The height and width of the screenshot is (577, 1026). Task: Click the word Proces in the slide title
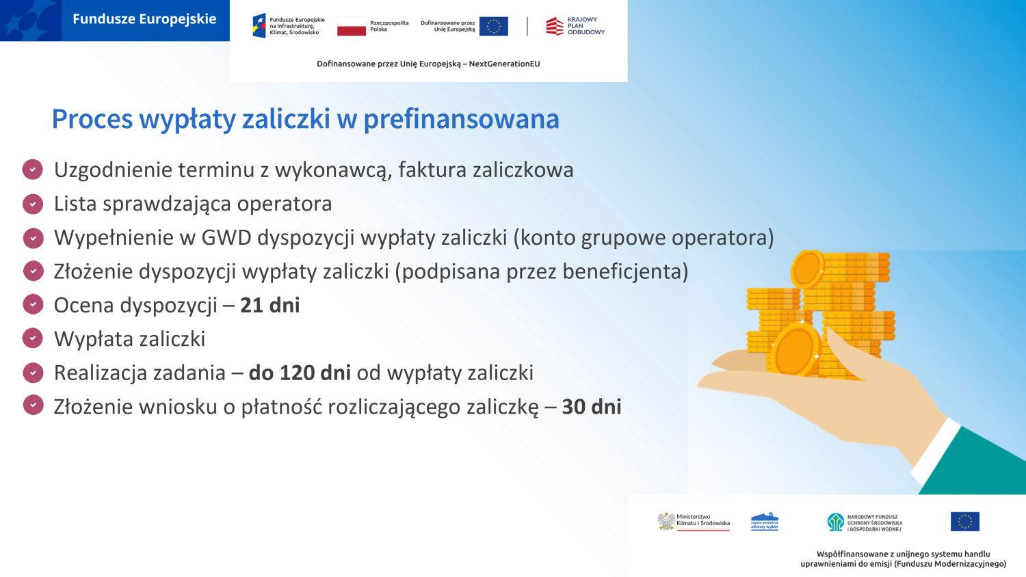(x=92, y=119)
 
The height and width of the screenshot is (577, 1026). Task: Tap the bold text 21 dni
(x=269, y=306)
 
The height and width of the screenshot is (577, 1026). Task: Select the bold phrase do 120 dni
(x=300, y=373)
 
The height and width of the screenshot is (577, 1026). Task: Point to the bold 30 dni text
(x=592, y=407)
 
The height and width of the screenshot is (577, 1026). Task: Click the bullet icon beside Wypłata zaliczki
(x=33, y=338)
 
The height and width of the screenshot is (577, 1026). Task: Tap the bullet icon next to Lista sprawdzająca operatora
(x=33, y=204)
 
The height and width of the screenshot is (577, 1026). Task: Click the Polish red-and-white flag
(x=352, y=26)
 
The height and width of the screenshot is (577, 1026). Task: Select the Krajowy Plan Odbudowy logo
(x=575, y=26)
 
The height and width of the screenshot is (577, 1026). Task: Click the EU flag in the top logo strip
(x=494, y=26)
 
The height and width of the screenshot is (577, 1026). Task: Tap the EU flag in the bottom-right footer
(x=964, y=522)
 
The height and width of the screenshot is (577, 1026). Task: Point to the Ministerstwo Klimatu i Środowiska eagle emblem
(x=666, y=522)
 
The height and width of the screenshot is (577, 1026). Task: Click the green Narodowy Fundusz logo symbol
(x=835, y=522)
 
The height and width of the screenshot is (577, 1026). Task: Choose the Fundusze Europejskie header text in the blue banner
(x=144, y=19)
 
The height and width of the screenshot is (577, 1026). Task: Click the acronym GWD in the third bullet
(x=226, y=238)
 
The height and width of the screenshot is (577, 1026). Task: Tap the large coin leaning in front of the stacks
(x=795, y=350)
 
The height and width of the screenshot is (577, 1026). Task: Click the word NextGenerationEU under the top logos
(x=504, y=64)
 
